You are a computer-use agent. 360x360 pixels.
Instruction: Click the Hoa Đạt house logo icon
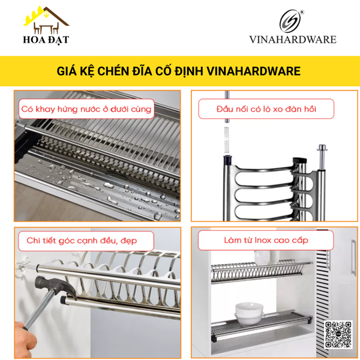pyautogui.click(x=46, y=20)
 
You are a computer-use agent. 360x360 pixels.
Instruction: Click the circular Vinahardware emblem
pyautogui.click(x=292, y=22)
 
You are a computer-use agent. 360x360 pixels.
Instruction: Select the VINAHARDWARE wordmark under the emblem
pyautogui.click(x=293, y=40)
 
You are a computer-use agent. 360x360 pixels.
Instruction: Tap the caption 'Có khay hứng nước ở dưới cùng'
pyautogui.click(x=86, y=110)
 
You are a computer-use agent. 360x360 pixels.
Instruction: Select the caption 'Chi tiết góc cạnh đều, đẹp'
pyautogui.click(x=82, y=241)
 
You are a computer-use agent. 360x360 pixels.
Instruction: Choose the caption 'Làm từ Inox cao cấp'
pyautogui.click(x=266, y=240)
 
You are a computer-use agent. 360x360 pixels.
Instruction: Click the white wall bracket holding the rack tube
pyautogui.click(x=25, y=265)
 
